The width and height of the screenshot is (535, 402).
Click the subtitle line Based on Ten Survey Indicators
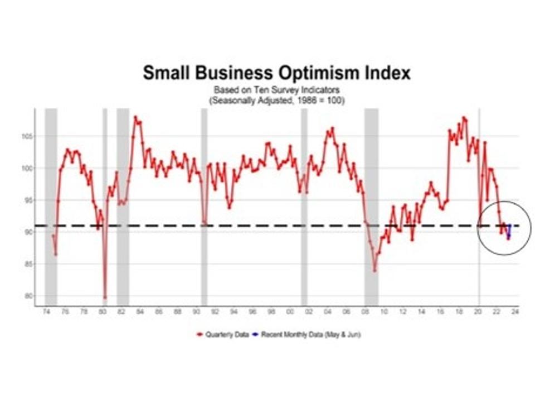click(x=276, y=89)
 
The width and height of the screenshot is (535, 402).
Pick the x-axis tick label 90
click(x=196, y=312)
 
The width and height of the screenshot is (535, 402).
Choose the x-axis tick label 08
click(x=365, y=312)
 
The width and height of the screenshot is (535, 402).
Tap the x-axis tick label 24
click(x=515, y=312)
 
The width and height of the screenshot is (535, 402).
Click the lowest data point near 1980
click(x=105, y=298)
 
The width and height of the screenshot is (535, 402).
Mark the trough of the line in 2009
click(x=375, y=271)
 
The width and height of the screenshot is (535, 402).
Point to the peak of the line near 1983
click(x=135, y=117)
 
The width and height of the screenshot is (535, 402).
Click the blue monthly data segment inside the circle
click(x=509, y=232)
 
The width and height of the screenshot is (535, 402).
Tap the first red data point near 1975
click(x=53, y=236)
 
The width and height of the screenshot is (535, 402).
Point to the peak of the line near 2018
click(x=464, y=118)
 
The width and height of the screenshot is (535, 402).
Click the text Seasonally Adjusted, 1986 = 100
click(x=276, y=100)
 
